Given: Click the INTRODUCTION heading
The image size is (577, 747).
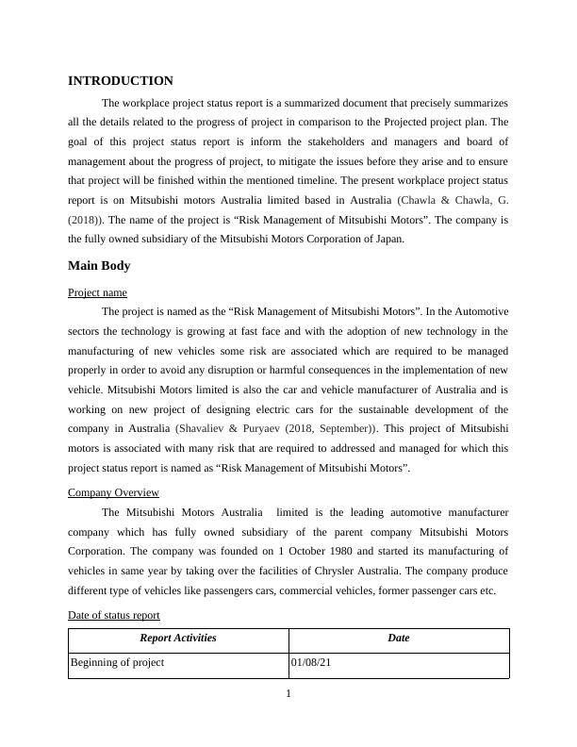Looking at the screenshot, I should click(x=121, y=81).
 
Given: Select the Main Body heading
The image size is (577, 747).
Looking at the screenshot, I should click(x=99, y=266).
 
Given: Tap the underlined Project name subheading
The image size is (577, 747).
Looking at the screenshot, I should click(x=97, y=292).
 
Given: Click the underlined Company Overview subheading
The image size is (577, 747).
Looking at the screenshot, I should click(x=113, y=492).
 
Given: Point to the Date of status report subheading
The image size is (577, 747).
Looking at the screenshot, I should click(x=114, y=615).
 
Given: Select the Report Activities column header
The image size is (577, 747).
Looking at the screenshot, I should click(x=178, y=639).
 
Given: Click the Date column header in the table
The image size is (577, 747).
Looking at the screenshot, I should click(x=398, y=639).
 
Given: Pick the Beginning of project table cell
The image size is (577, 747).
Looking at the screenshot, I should click(x=118, y=663).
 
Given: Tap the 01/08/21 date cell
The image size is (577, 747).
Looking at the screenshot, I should click(x=311, y=663).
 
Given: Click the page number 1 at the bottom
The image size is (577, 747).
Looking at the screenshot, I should click(x=288, y=695).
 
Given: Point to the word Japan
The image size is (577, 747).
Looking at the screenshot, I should click(x=387, y=239).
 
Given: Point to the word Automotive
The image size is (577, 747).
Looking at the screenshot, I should click(x=480, y=310).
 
